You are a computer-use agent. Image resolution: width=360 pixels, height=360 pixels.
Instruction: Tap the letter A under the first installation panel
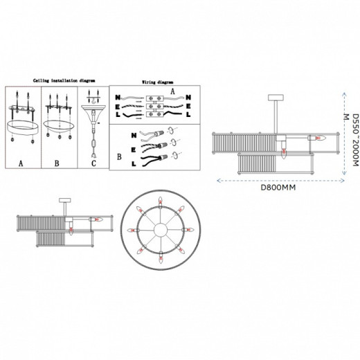(20, 164)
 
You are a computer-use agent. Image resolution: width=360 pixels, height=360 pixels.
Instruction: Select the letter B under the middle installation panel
(58, 164)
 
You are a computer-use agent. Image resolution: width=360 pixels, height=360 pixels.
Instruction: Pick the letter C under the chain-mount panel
(93, 164)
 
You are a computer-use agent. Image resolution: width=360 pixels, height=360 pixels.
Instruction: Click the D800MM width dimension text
(278, 186)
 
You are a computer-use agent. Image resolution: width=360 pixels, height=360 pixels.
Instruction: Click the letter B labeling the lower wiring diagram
(119, 157)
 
